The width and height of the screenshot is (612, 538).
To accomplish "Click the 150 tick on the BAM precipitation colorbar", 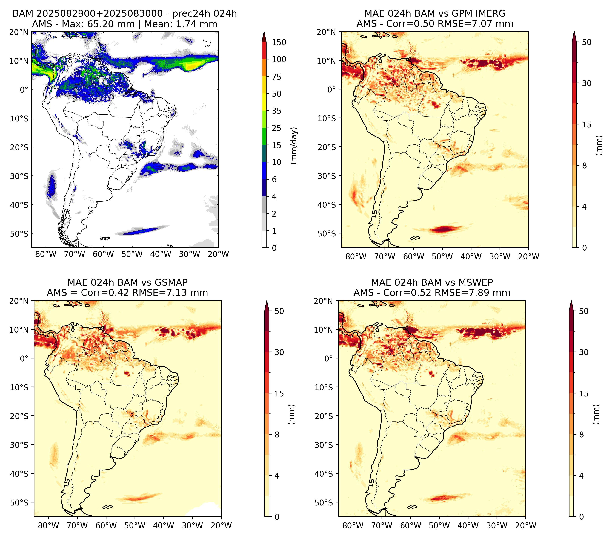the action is point(279,42).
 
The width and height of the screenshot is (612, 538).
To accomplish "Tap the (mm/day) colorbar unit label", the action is point(294,146).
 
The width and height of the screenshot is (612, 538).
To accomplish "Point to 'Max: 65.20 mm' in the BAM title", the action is point(98,24).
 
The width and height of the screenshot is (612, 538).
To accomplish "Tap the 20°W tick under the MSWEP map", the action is point(525,525).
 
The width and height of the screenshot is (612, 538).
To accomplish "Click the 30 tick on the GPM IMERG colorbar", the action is point(587,83).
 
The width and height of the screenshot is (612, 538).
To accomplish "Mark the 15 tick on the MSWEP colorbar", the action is point(584,393).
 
